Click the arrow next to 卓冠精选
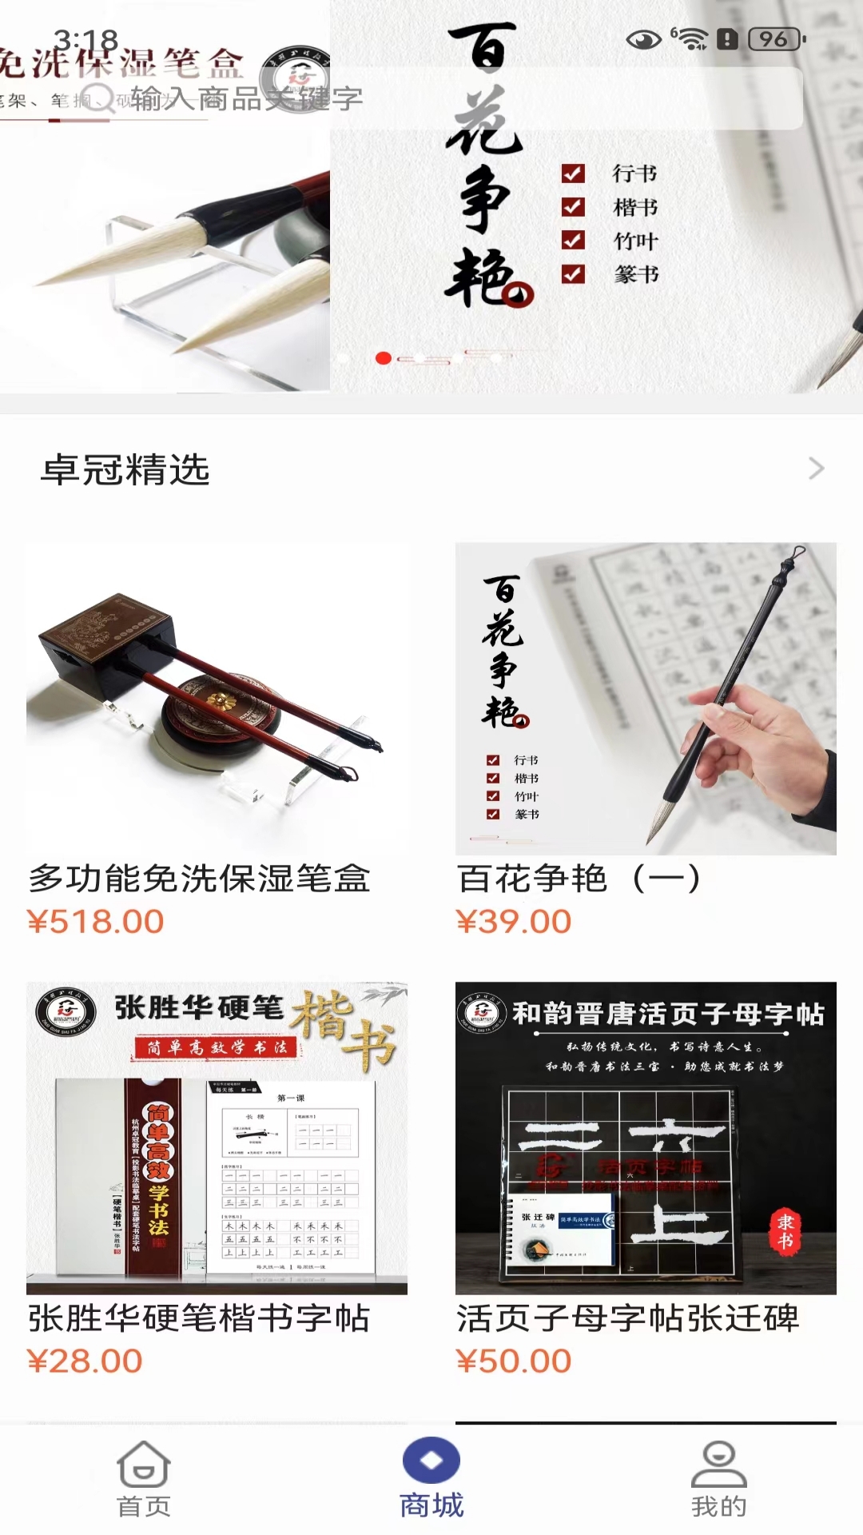pyautogui.click(x=816, y=468)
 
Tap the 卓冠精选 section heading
pyautogui.click(x=125, y=469)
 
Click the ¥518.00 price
pyautogui.click(x=96, y=922)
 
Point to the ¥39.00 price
pyautogui.click(x=514, y=922)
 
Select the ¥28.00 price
pyautogui.click(x=85, y=1361)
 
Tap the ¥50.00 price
pyautogui.click(x=514, y=1361)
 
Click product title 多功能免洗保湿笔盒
pyautogui.click(x=200, y=879)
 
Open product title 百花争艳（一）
pyautogui.click(x=579, y=879)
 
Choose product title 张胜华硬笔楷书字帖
pyautogui.click(x=200, y=1318)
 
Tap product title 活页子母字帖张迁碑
pyautogui.click(x=628, y=1318)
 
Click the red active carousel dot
pyautogui.click(x=384, y=358)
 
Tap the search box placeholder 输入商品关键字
pyautogui.click(x=248, y=98)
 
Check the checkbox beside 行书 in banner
pyautogui.click(x=573, y=173)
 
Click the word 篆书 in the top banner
pyautogui.click(x=636, y=275)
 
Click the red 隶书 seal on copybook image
pyautogui.click(x=785, y=1231)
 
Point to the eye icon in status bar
pyautogui.click(x=643, y=39)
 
